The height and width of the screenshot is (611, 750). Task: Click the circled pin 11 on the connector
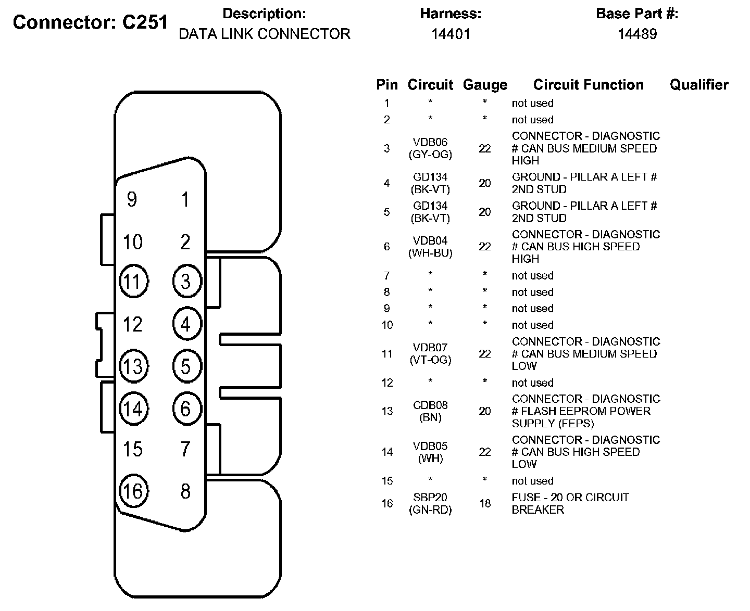pos(133,282)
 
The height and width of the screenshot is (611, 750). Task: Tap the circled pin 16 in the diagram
pos(133,491)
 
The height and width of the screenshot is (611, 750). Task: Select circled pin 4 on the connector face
pos(186,324)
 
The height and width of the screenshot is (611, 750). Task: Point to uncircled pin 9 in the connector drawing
pos(132,199)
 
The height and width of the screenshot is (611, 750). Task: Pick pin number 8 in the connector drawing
pos(185,491)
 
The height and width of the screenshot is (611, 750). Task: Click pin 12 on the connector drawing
pos(132,324)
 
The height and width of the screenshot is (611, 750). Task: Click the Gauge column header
pos(484,85)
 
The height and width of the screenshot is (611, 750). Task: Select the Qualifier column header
pos(698,85)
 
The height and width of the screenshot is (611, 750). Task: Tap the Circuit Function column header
pos(588,85)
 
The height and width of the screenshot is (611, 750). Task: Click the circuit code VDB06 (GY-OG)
pos(430,148)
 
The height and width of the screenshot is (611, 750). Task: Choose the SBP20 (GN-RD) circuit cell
pos(430,503)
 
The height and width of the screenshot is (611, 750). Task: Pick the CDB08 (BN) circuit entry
pos(430,411)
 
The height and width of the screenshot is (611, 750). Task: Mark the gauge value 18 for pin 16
pos(484,503)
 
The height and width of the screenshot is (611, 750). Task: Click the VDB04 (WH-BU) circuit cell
pos(430,247)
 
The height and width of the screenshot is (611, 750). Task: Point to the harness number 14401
pos(451,34)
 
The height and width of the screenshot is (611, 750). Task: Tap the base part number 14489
pos(637,34)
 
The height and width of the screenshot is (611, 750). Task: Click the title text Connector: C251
pos(90,22)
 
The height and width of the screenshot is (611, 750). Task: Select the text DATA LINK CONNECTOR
pos(264,34)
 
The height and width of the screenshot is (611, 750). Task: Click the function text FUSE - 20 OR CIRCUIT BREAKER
pos(570,503)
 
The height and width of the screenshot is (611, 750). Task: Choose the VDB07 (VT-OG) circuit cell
pos(430,354)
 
